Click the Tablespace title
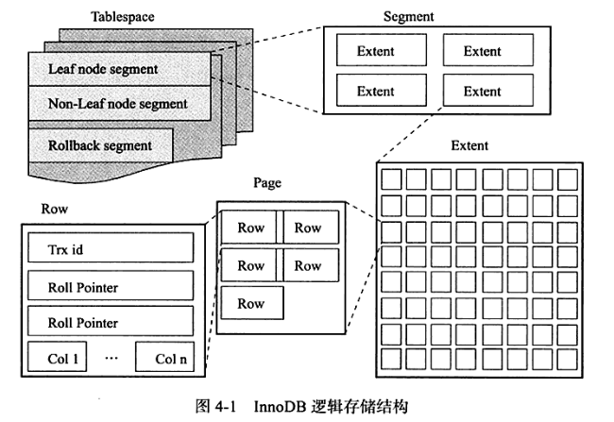click(x=123, y=17)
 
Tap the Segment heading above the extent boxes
click(x=408, y=16)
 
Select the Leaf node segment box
click(x=119, y=69)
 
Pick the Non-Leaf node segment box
click(x=119, y=103)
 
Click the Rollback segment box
click(x=101, y=145)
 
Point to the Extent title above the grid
click(x=469, y=145)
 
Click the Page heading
click(x=267, y=183)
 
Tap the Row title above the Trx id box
click(x=55, y=209)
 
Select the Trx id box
click(x=111, y=247)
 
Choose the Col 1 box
click(x=58, y=357)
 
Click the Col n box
click(x=165, y=357)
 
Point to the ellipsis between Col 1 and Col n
click(x=111, y=358)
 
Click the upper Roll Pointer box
click(x=111, y=285)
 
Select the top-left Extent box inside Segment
click(x=382, y=50)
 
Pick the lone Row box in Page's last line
click(x=252, y=303)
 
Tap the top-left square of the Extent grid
click(x=391, y=179)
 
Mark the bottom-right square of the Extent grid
click(x=568, y=359)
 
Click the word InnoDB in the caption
click(x=281, y=406)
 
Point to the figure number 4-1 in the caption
click(x=225, y=407)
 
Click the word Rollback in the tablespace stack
click(x=74, y=145)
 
